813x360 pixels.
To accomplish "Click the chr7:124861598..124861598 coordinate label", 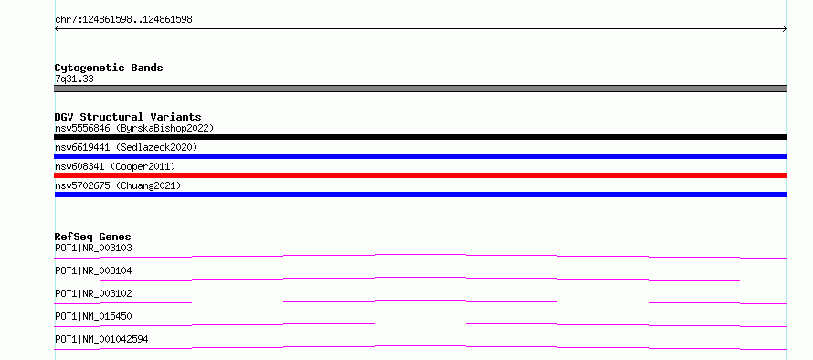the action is click(x=123, y=20).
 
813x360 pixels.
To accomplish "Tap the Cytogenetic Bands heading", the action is click(x=109, y=68).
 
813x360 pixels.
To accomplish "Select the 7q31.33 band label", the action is click(x=74, y=79).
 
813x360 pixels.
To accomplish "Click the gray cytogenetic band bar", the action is click(x=420, y=89).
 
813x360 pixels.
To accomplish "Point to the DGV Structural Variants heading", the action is click(x=128, y=117).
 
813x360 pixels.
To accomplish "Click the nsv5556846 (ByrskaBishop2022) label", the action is click(x=134, y=128).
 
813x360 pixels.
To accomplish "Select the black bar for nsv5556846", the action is click(x=420, y=137).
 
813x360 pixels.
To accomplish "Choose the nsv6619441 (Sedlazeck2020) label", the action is click(x=126, y=147).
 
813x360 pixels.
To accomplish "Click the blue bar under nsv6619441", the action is click(x=420, y=156).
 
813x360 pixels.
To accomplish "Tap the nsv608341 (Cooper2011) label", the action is click(x=115, y=166).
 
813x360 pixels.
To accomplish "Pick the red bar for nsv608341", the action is click(x=420, y=175).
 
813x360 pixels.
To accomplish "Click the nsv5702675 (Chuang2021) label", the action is click(x=118, y=185).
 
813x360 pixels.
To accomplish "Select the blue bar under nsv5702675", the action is click(x=420, y=195).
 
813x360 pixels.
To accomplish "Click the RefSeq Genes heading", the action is click(x=93, y=237).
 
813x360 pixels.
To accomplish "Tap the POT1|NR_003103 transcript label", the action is click(x=93, y=248).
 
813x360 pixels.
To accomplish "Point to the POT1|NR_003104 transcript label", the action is click(x=93, y=270).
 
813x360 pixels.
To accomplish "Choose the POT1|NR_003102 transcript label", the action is click(x=93, y=293).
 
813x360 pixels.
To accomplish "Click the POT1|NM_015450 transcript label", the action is click(x=93, y=316).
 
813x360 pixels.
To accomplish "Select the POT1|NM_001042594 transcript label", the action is click(x=101, y=339).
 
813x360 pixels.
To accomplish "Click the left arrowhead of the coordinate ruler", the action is click(x=56, y=29).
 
